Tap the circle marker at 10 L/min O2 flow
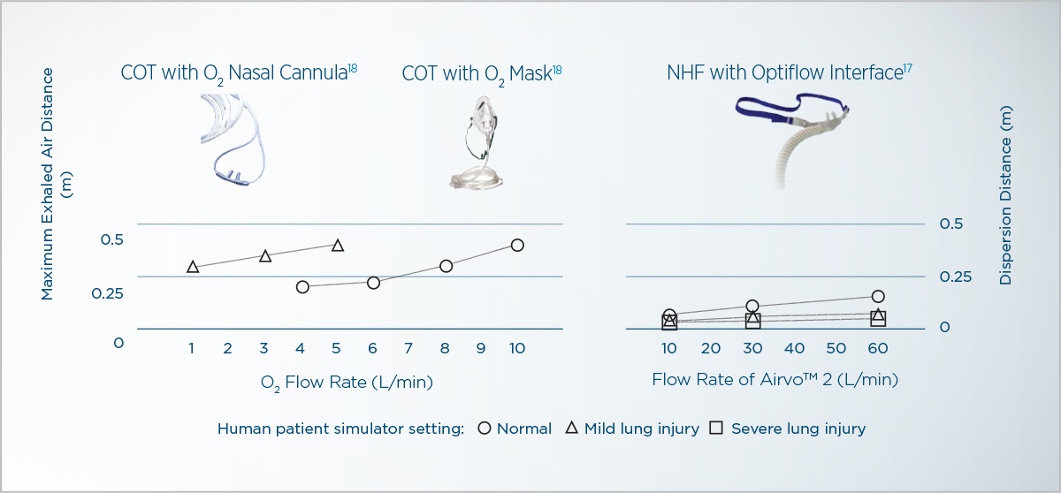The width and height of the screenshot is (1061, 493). (517, 245)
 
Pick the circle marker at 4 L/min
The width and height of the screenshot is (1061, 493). (302, 287)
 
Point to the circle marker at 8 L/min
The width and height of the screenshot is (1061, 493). (446, 266)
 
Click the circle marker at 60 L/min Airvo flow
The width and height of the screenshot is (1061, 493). (878, 296)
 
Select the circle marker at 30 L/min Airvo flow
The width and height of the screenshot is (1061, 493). (752, 306)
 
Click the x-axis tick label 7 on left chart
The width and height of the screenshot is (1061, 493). (408, 349)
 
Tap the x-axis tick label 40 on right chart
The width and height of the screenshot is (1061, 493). (794, 349)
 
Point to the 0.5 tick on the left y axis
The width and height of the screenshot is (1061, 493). (111, 240)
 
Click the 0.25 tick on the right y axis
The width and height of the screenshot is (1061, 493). (956, 277)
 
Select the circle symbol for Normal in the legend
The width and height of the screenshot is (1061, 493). (485, 429)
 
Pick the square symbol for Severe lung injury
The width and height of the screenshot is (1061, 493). (716, 428)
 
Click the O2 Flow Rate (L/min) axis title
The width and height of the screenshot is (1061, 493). (347, 383)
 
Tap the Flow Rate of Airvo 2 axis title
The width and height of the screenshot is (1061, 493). (775, 379)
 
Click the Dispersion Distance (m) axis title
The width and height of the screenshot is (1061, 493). (1005, 195)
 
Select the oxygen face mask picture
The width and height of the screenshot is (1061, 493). (477, 142)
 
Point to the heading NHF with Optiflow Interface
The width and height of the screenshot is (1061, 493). (789, 72)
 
